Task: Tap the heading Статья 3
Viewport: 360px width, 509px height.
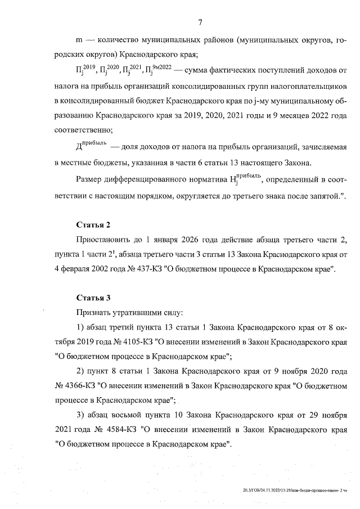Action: click(94, 296)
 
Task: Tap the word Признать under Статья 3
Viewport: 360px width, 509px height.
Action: click(93, 312)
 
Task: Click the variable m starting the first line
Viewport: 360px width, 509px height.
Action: click(79, 41)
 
